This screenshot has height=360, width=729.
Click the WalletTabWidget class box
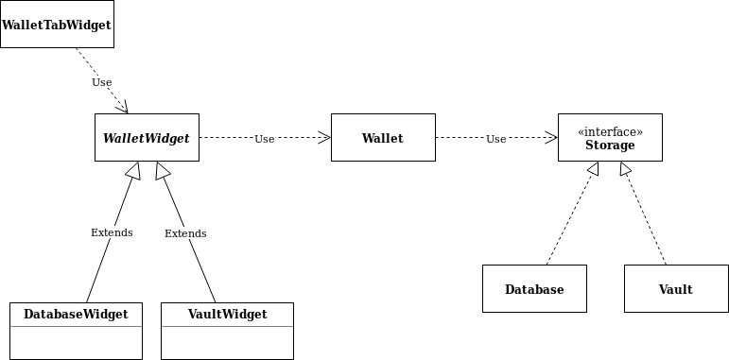point(57,25)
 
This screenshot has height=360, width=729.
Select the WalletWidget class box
point(147,138)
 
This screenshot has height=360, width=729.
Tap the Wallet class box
point(383,138)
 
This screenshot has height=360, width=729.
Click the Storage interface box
point(610,138)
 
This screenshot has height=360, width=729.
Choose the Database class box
point(534,289)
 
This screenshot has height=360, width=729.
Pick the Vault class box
point(676,289)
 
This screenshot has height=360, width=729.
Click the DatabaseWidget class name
point(76,314)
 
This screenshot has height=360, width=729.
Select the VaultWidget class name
point(227,314)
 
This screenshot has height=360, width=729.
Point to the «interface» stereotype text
point(610,132)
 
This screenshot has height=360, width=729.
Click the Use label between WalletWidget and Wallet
point(265,139)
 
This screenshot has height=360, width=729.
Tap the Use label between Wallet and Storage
point(496,139)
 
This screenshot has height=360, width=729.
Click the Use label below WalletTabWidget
point(102,82)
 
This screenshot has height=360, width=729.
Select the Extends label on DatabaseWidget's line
point(112,232)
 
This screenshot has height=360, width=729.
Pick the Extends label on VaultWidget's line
point(185,233)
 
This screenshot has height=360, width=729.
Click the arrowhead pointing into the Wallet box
point(324,138)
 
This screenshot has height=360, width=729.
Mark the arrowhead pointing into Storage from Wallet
point(551,138)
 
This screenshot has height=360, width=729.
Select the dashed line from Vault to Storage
point(645,217)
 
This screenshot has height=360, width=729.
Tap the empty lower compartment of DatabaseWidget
point(76,342)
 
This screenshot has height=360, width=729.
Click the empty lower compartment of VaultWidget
point(227,342)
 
